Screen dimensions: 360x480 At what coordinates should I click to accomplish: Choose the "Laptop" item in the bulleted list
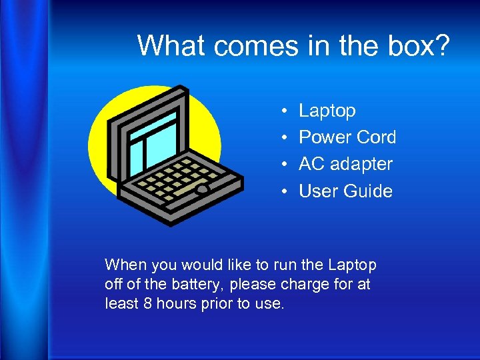coord(327,111)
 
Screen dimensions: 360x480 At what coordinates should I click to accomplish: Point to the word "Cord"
coord(376,137)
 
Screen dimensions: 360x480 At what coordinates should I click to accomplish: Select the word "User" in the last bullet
coord(319,191)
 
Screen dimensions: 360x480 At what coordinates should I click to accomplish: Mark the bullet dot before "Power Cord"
coord(284,138)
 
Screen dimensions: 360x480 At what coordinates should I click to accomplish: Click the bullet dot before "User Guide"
coord(284,192)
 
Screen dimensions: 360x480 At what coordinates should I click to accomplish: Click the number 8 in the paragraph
coord(147,304)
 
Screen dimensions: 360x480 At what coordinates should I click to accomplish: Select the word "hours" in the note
coord(175,304)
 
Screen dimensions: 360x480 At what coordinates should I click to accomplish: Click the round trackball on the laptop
coord(202,189)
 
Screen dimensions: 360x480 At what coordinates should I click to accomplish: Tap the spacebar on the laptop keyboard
coord(178,191)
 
